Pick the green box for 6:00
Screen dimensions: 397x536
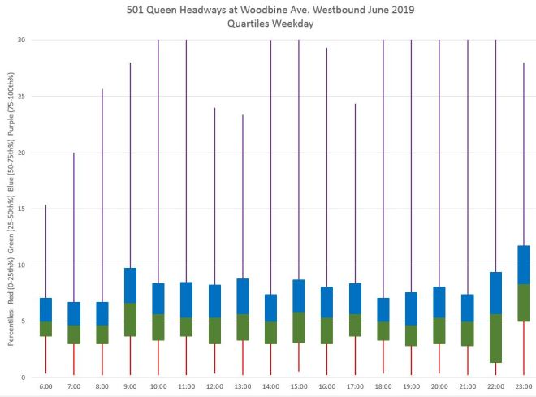[x=46, y=329]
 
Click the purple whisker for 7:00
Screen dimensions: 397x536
[x=74, y=227]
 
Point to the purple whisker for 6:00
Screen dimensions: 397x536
[x=45, y=252]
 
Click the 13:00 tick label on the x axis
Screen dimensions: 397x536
[x=242, y=387]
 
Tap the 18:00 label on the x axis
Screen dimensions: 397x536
[x=383, y=387]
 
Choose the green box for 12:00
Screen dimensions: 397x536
[x=214, y=330]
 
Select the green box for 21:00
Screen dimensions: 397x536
[x=467, y=334]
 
